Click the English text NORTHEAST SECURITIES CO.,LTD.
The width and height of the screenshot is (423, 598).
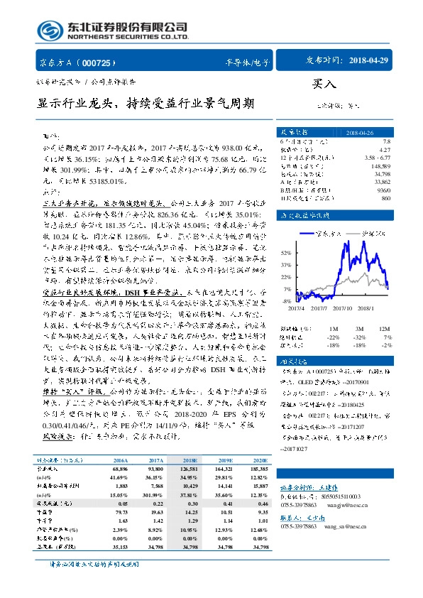pos(127,37)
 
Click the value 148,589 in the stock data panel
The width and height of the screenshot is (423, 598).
pos(380,165)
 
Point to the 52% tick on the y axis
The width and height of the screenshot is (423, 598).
pos(285,253)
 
